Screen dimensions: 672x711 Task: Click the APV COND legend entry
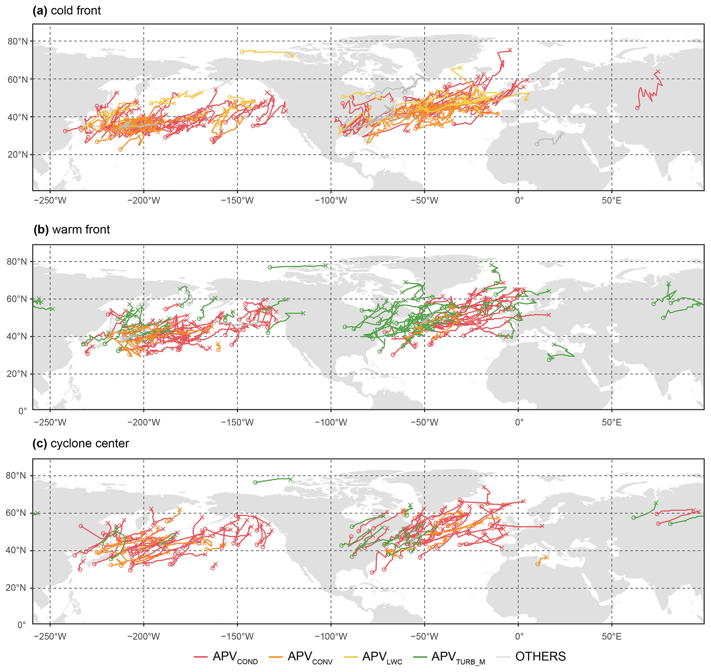point(226,657)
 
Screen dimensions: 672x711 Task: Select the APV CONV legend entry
point(301,657)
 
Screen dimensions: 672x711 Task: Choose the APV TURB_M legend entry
point(449,657)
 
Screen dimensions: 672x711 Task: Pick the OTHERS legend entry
point(531,657)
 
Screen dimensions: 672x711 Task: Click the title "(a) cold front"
point(67,11)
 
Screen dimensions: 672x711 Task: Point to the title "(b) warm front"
point(72,230)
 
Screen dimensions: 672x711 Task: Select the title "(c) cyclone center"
point(81,443)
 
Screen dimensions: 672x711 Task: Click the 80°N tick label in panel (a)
point(18,42)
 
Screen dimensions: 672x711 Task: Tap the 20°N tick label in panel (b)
point(17,374)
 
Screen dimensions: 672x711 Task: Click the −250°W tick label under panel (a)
point(50,201)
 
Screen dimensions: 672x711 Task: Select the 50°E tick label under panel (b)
point(612,423)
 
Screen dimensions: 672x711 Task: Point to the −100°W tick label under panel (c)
point(331,637)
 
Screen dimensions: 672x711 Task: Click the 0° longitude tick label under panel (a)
point(519,201)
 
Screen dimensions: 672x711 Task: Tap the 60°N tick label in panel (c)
point(17,513)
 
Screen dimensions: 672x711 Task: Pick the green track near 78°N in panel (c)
point(272,480)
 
